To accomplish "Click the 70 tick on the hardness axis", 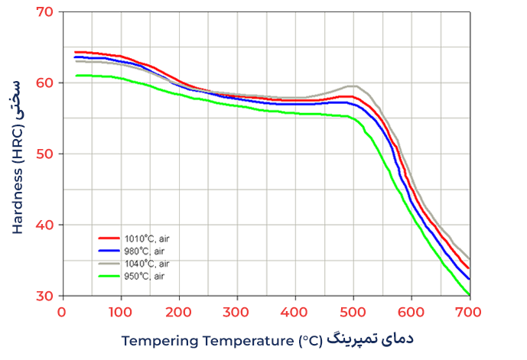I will pos(45,12).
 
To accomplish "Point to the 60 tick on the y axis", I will pos(45,83).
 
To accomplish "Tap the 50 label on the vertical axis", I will pos(45,154).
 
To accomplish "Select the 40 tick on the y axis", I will pos(45,225).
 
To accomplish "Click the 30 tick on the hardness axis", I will pos(45,297).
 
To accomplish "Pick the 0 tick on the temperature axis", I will pos(62,312).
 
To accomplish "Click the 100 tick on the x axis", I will pos(120,312).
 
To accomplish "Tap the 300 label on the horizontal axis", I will pos(236,312).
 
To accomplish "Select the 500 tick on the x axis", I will pos(353,312).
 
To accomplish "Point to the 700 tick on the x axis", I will pos(468,312).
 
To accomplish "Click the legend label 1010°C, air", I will pos(148,238).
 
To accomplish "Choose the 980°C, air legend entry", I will pos(146,251).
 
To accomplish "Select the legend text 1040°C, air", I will pos(148,263).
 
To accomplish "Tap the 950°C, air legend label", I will pos(146,275).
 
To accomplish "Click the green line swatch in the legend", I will pos(109,275).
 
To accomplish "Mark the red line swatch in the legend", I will pos(109,238).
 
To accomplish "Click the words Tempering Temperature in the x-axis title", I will pos(207,340).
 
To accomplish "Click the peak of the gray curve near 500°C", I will pos(353,86).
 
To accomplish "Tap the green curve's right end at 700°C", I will pos(468,294).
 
